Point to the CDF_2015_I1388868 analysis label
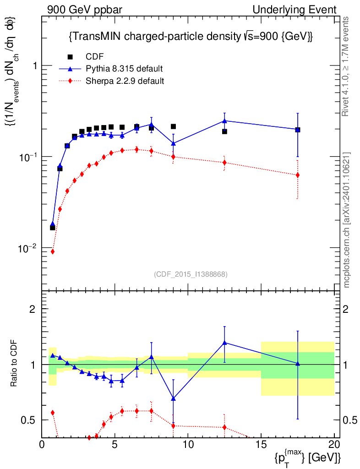(191, 274)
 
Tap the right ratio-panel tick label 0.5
(350, 420)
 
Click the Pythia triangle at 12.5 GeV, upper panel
(224, 120)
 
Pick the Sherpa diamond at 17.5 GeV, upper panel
(298, 175)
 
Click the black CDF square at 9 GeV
(173, 126)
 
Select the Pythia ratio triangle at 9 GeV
(173, 398)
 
